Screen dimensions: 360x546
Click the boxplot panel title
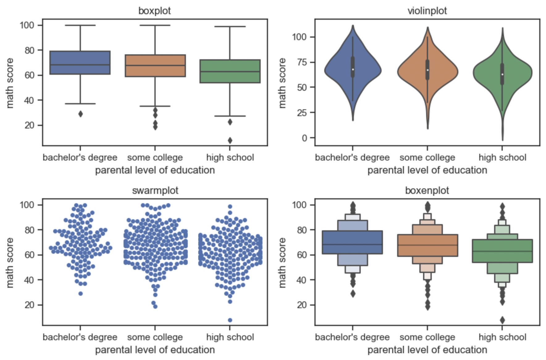click(154, 11)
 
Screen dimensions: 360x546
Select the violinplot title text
click(427, 11)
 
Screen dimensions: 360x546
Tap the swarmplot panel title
click(155, 190)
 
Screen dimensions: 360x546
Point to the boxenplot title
click(427, 190)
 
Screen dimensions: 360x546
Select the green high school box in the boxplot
click(230, 77)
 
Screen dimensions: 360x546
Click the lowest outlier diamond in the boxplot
click(230, 140)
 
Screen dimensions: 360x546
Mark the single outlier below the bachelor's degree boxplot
click(80, 114)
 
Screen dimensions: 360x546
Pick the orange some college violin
click(427, 73)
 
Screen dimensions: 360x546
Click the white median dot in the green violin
click(502, 74)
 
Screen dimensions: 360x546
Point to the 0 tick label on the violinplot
click(304, 138)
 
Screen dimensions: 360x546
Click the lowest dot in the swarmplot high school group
click(230, 320)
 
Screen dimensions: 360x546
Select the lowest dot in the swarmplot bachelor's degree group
click(81, 294)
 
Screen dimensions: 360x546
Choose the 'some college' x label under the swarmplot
click(155, 337)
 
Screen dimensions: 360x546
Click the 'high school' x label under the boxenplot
click(502, 337)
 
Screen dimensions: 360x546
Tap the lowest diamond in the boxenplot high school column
click(502, 320)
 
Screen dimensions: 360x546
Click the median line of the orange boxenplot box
click(427, 245)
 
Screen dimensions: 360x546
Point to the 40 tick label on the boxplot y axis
click(30, 100)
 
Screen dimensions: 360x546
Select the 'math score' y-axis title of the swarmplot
click(10, 263)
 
